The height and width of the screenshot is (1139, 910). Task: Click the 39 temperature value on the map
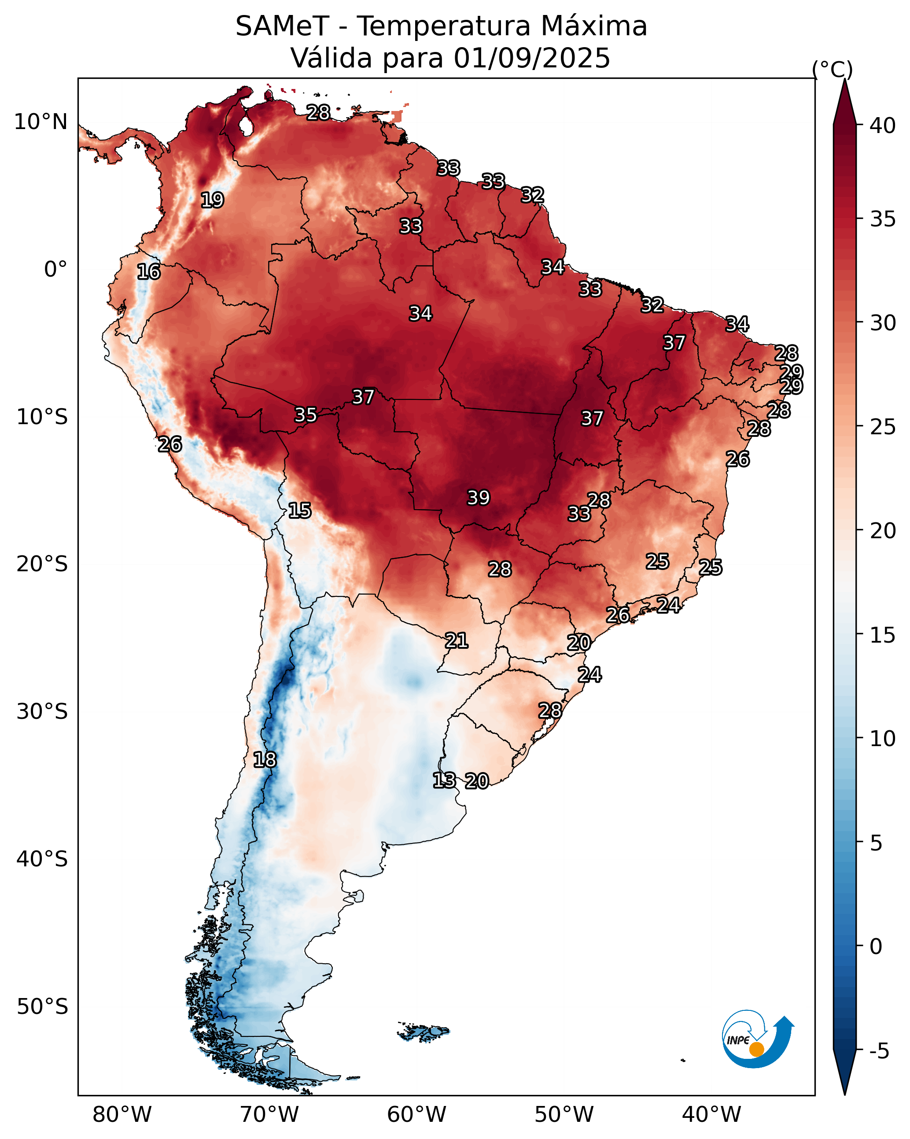point(479,498)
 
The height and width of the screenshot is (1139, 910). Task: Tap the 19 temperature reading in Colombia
point(212,200)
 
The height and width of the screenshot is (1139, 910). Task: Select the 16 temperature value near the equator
point(148,272)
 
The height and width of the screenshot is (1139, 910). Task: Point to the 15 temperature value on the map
point(299,510)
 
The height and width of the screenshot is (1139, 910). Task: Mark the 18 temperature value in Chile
point(265,760)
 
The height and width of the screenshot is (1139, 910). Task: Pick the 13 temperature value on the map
point(444,780)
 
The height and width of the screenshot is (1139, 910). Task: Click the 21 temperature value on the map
point(456,641)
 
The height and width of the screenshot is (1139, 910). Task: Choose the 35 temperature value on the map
point(305,415)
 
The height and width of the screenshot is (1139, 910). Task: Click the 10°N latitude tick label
point(41,122)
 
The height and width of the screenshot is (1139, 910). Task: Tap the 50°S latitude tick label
point(42,1007)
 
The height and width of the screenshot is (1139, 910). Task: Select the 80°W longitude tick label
point(122,1114)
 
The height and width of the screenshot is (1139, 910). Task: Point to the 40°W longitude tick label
point(711,1114)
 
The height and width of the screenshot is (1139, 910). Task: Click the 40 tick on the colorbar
point(883,126)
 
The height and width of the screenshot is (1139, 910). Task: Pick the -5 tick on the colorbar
point(879,1051)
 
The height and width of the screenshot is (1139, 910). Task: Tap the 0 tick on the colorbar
point(876,946)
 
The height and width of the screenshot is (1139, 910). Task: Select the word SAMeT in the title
point(283,26)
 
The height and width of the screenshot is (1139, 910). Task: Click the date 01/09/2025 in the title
point(532,58)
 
